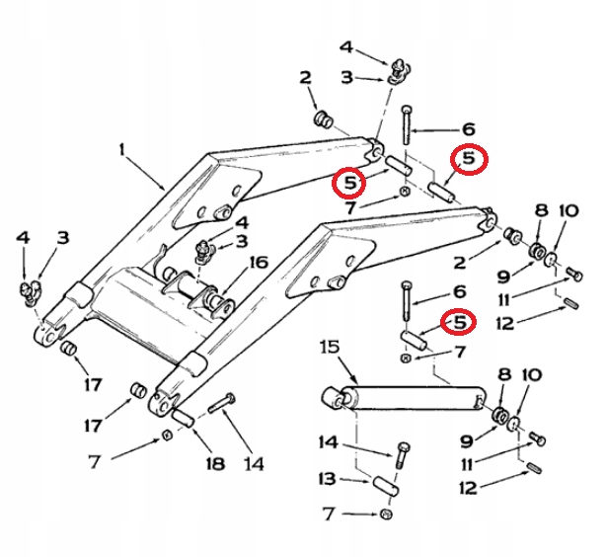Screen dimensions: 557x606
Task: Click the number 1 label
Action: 123,150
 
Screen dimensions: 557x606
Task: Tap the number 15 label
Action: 329,347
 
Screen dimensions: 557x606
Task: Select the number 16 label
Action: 259,263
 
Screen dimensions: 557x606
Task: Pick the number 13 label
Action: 326,479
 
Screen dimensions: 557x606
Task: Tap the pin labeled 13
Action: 386,488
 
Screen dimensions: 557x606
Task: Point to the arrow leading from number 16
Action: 238,279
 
